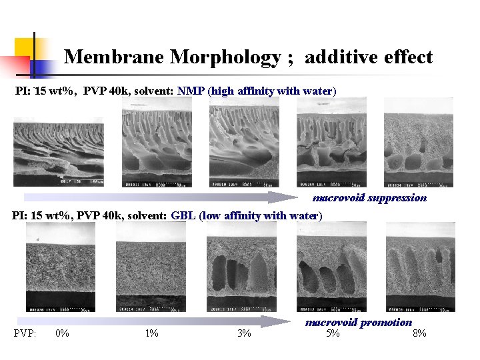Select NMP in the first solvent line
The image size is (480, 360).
pos(191,90)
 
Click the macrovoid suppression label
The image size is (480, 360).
pos(369,197)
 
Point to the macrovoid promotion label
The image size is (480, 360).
pos(359,323)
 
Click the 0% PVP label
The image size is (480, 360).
pos(62,333)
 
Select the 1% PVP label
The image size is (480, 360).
pos(152,333)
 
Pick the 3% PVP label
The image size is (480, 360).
pos(244,333)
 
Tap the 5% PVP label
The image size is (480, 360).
pos(332,333)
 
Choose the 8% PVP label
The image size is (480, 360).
pos(420,333)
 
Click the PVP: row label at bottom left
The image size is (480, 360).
pos(25,333)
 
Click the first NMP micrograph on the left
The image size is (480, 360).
pos(58,152)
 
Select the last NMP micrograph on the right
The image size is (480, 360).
pos(419,143)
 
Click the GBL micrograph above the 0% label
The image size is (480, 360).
pos(61,267)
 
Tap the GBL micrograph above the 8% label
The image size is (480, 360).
pos(420,267)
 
